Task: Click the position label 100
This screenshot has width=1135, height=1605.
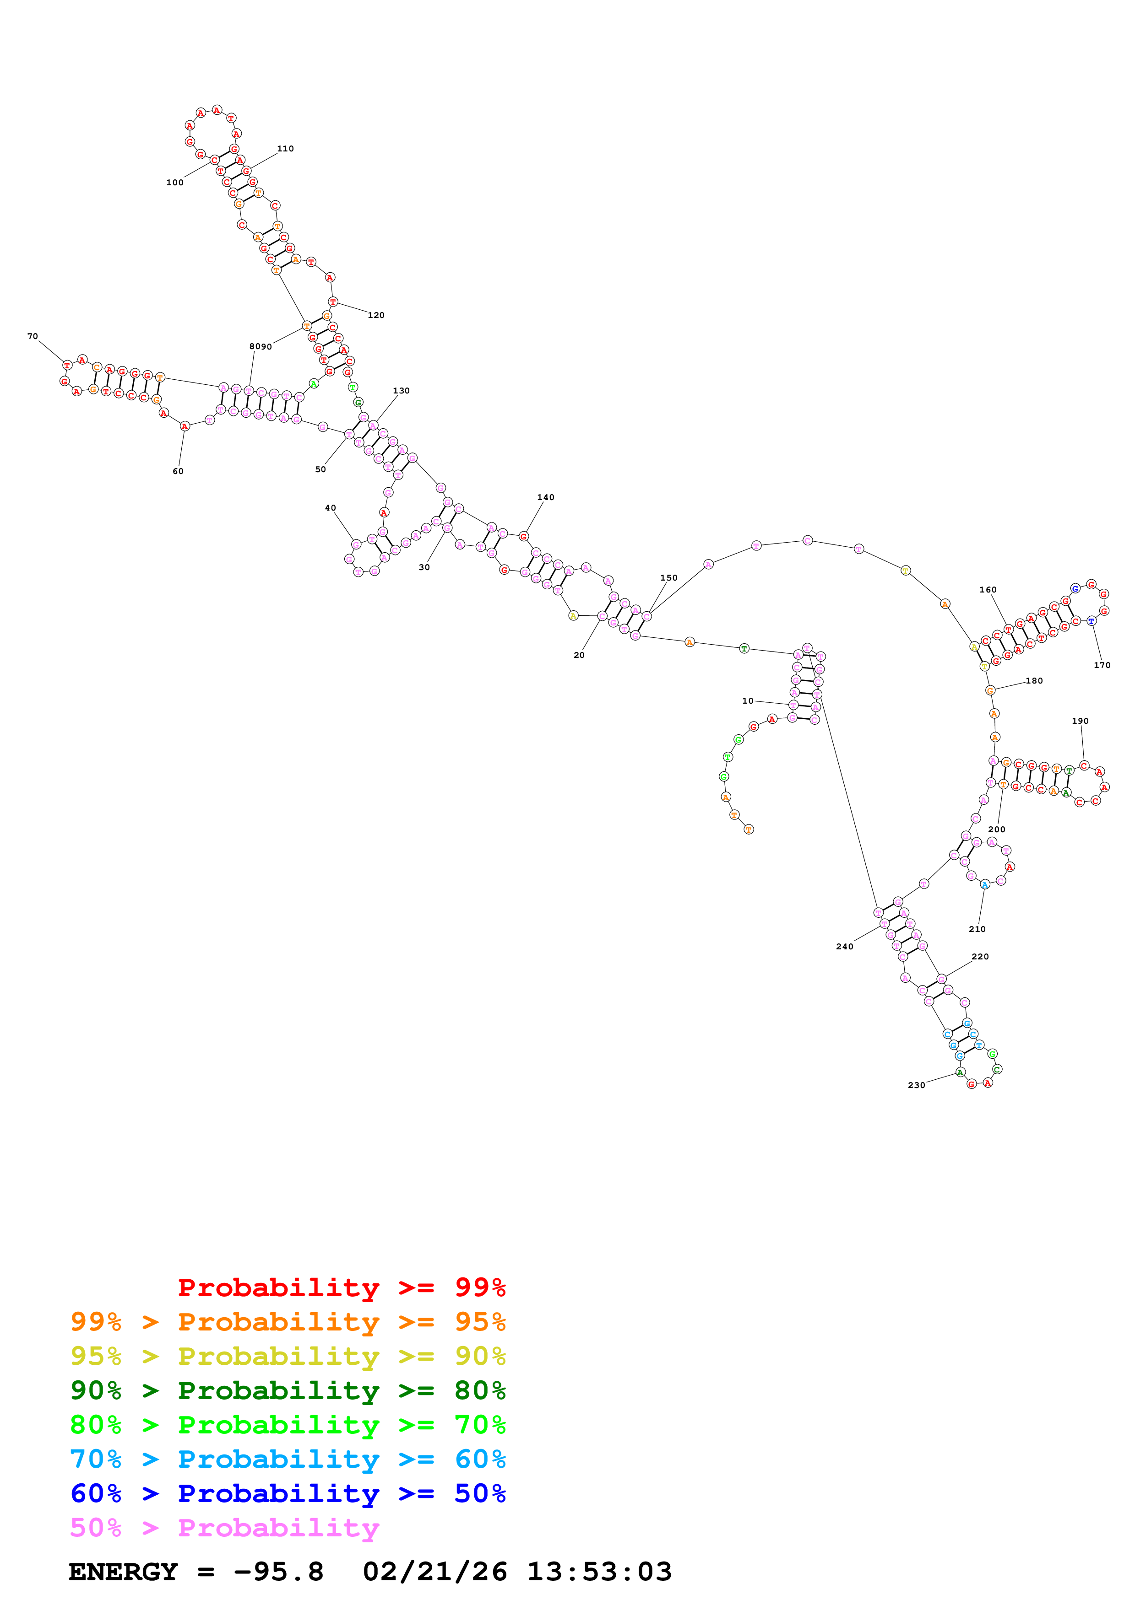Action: click(x=175, y=183)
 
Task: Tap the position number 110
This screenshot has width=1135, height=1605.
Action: click(x=285, y=149)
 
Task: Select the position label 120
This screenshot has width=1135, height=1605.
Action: click(x=376, y=315)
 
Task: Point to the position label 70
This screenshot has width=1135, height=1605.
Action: click(x=32, y=336)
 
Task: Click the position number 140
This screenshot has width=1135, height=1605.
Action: click(x=545, y=498)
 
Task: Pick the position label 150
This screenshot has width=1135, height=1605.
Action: click(x=668, y=578)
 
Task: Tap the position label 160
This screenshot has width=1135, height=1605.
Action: click(x=988, y=590)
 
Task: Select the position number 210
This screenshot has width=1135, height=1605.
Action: click(x=977, y=930)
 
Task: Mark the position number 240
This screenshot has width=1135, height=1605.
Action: click(x=844, y=947)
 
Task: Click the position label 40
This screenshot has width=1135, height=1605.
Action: click(x=330, y=508)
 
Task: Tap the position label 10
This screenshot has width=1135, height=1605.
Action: click(x=748, y=701)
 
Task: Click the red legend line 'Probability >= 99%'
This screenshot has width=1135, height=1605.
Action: click(x=341, y=1287)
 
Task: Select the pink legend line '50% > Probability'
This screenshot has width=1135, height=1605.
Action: click(x=224, y=1527)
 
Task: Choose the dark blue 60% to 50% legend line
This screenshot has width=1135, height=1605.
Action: click(x=288, y=1493)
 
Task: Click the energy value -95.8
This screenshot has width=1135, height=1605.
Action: click(x=278, y=1572)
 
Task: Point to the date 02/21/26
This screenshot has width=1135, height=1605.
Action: click(x=435, y=1572)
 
